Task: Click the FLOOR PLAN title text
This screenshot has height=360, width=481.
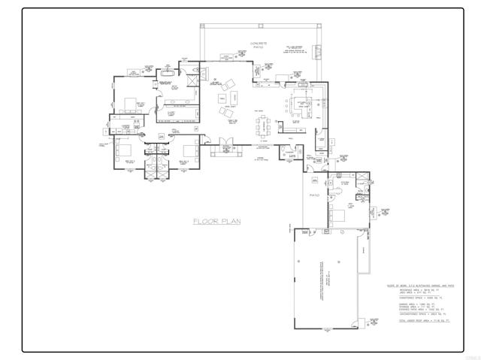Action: click(216, 221)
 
